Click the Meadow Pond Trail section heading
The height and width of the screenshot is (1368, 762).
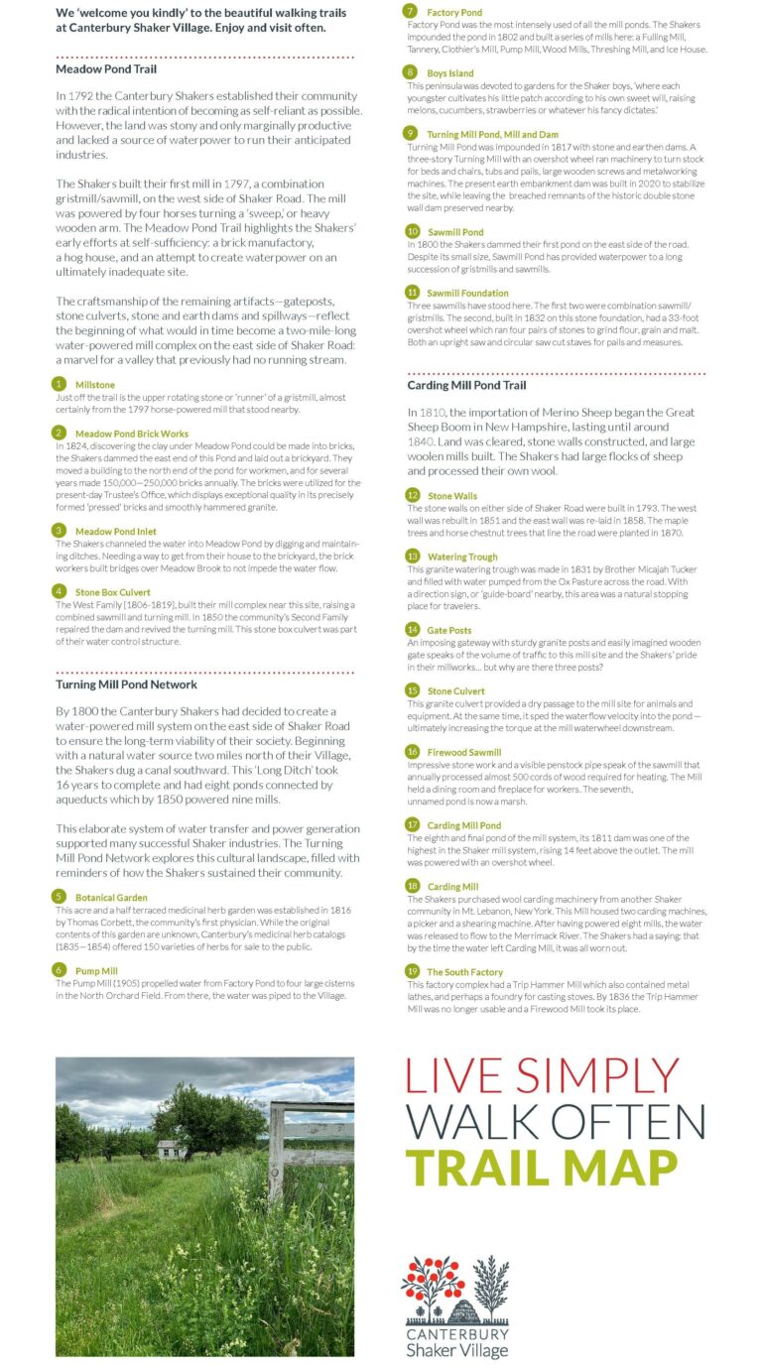click(106, 69)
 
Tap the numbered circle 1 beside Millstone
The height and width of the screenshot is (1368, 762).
click(61, 384)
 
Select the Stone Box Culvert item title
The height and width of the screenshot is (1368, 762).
click(112, 592)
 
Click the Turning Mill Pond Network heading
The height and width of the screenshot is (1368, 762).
click(126, 684)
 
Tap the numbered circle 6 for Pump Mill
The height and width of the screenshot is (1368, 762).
click(61, 971)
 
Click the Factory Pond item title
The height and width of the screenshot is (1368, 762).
click(454, 13)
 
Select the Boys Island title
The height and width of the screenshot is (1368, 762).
click(450, 73)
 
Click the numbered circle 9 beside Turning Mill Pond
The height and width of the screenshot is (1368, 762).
click(411, 133)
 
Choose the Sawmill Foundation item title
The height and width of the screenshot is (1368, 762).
click(467, 293)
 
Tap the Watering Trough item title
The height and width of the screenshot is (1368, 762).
click(462, 557)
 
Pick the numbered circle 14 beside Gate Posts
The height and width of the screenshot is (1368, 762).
click(412, 629)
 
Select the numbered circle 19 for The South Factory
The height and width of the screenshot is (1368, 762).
click(412, 972)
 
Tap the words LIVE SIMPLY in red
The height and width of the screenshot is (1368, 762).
click(544, 1078)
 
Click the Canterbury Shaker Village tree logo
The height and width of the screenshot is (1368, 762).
click(455, 1289)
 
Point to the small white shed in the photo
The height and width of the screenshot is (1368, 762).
click(171, 1150)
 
